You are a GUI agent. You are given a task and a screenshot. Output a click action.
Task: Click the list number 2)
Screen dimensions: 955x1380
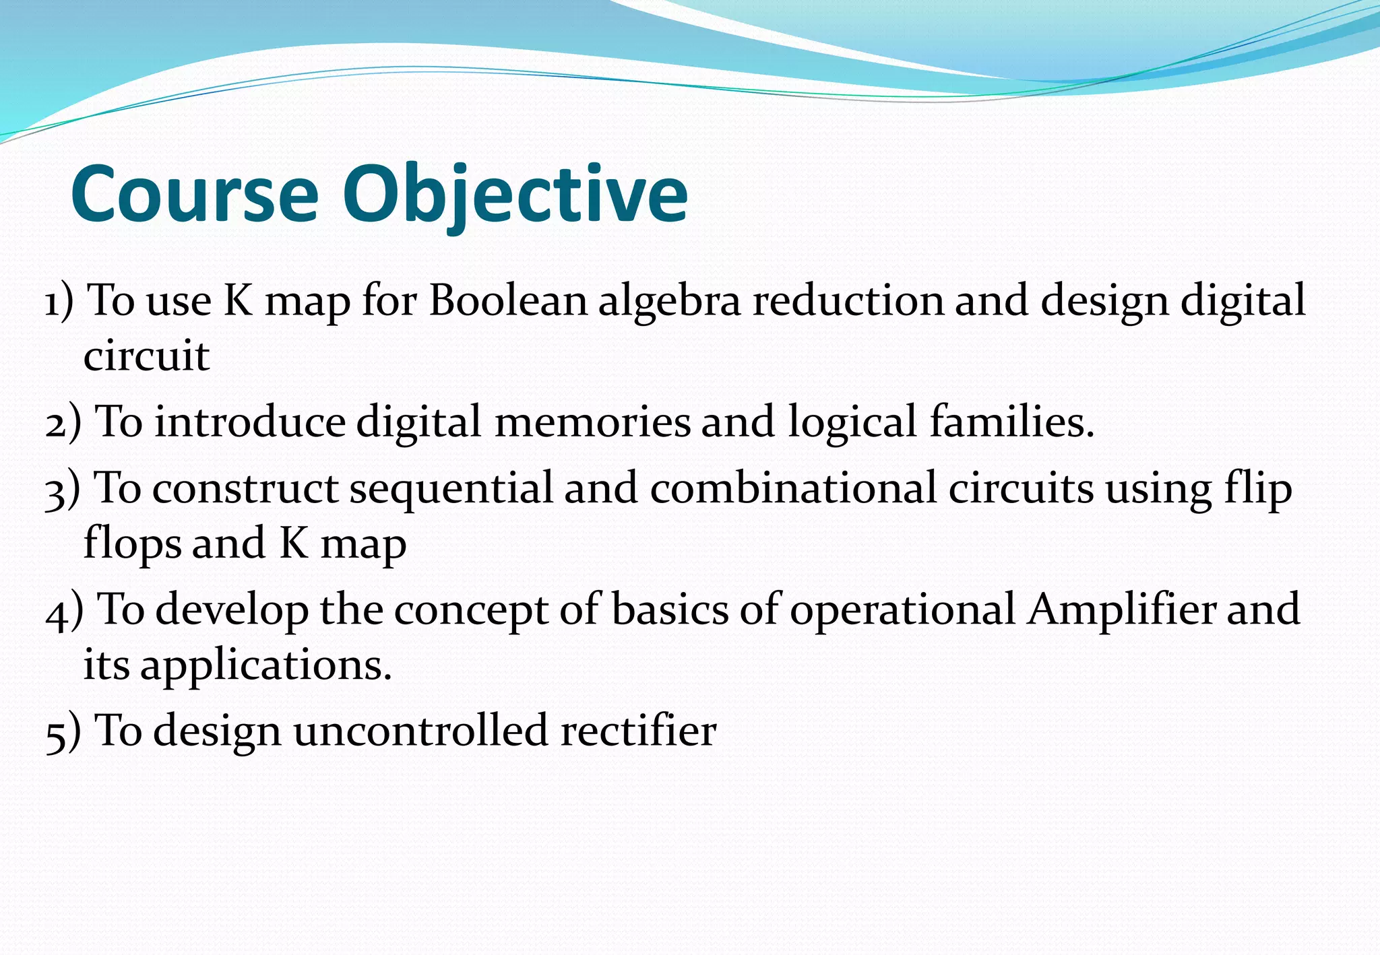point(63,423)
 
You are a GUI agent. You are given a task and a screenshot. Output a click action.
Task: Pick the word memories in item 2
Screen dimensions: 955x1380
point(592,422)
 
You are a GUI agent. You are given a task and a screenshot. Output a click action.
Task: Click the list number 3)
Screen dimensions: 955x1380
point(63,490)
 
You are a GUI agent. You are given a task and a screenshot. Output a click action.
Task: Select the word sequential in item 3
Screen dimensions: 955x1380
point(451,490)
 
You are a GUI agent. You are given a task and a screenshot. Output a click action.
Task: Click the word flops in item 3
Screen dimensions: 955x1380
point(132,544)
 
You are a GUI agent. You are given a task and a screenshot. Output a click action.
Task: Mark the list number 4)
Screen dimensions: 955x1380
point(64,611)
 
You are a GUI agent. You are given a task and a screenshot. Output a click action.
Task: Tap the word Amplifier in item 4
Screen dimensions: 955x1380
point(1121,610)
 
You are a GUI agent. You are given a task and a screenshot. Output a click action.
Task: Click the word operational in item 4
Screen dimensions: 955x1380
point(902,612)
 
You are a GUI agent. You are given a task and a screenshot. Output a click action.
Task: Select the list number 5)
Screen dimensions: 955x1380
point(63,732)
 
